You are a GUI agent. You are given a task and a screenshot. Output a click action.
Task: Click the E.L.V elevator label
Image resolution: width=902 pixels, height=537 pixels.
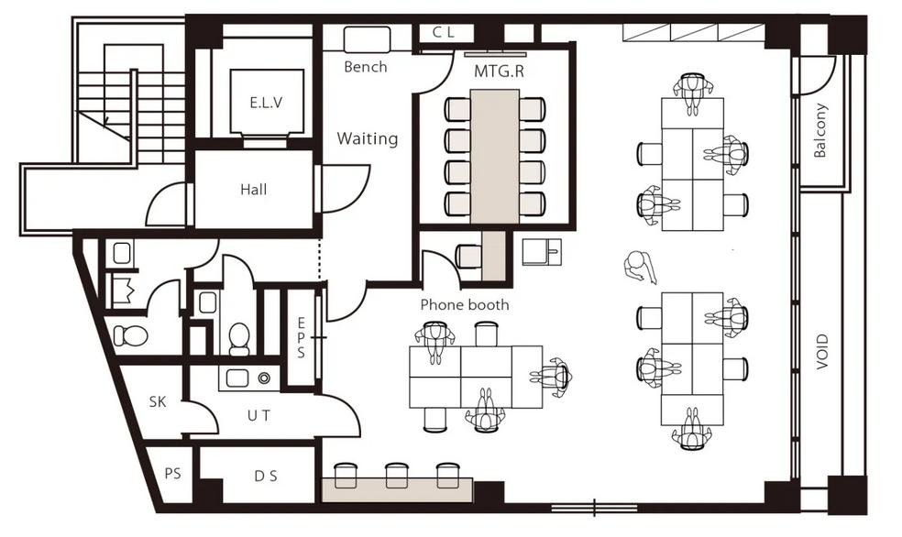[x=267, y=103]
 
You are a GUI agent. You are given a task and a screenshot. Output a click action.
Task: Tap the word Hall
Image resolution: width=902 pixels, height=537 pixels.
[x=254, y=189]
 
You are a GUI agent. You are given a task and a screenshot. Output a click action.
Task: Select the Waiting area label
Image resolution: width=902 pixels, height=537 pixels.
[x=368, y=138]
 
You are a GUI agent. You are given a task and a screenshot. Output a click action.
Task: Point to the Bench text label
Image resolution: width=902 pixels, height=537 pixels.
[x=365, y=67]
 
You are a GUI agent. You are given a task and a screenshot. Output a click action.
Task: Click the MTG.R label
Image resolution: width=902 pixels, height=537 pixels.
[x=499, y=71]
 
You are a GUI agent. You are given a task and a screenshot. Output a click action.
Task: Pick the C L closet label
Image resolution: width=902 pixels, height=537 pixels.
[x=444, y=33]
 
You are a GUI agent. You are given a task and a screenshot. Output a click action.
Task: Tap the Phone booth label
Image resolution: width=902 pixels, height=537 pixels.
[x=465, y=304]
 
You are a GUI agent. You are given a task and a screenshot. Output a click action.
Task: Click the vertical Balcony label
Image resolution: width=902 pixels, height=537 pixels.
[x=820, y=130]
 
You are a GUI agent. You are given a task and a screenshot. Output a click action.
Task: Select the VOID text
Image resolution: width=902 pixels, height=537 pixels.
[x=822, y=352]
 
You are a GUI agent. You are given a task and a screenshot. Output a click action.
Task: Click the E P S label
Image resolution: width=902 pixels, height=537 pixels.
[x=302, y=337]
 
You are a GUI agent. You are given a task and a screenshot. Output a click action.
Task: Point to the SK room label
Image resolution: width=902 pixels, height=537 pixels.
[x=158, y=401]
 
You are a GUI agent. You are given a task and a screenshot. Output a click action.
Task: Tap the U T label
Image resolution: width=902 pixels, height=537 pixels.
[x=258, y=415]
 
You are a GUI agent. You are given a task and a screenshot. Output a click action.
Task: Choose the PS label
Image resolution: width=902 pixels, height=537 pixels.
[x=172, y=474]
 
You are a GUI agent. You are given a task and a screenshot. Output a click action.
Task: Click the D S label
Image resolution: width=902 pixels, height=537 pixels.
[x=266, y=476]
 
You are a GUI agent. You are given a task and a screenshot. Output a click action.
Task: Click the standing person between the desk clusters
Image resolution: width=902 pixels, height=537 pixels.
[x=640, y=268]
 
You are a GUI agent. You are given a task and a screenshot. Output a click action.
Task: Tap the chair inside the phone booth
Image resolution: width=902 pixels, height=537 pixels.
[x=468, y=257]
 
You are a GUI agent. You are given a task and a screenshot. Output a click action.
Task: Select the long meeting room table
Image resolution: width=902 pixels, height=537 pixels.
[x=495, y=156]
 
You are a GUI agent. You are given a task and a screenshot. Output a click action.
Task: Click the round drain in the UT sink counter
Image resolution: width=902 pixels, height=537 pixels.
[x=264, y=378]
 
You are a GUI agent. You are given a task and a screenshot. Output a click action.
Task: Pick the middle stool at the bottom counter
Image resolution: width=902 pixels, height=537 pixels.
[x=396, y=475]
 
